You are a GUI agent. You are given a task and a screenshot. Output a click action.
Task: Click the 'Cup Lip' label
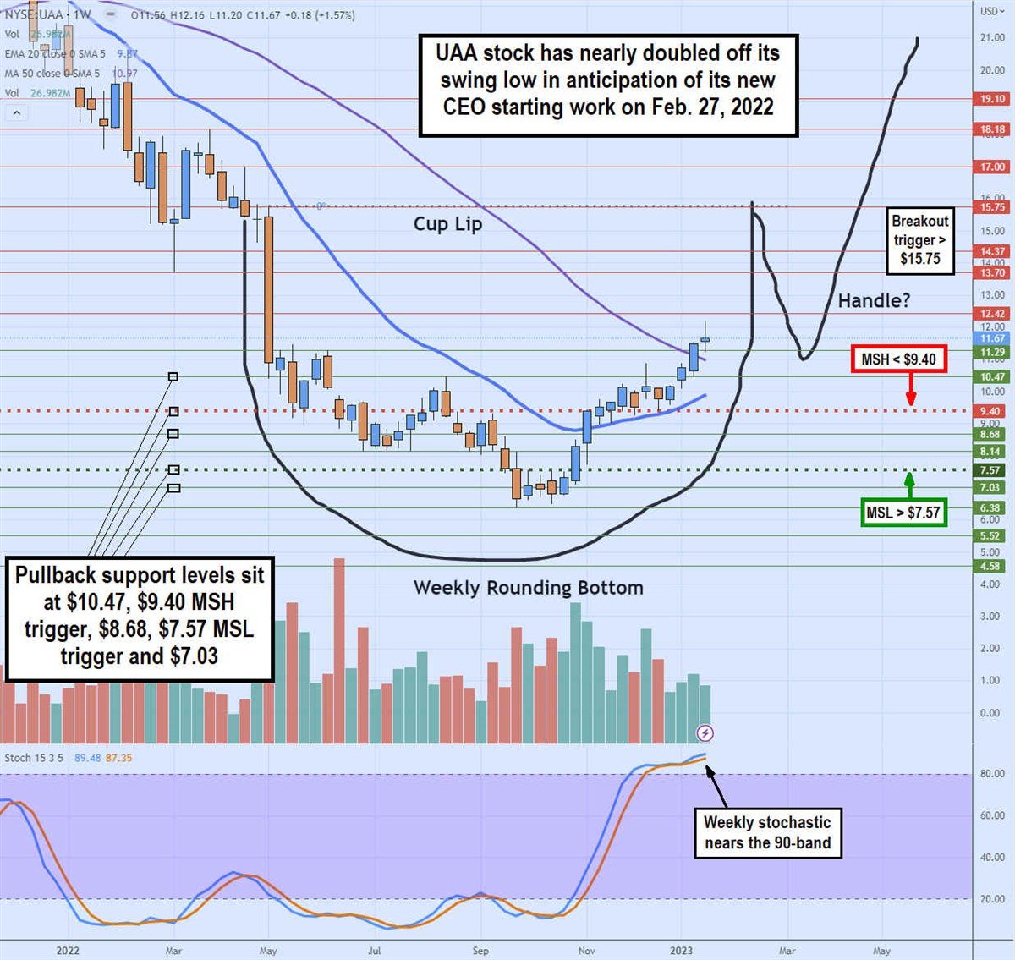pyautogui.click(x=447, y=224)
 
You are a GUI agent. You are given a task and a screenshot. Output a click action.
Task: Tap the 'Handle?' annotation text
pyautogui.click(x=874, y=300)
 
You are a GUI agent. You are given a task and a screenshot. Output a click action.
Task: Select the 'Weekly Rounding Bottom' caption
pyautogui.click(x=528, y=588)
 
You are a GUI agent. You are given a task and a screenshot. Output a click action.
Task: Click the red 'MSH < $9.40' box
pyautogui.click(x=898, y=359)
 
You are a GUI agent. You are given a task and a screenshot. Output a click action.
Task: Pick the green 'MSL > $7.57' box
pyautogui.click(x=903, y=512)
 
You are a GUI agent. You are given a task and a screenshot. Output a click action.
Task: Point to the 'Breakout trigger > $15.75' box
pyautogui.click(x=920, y=239)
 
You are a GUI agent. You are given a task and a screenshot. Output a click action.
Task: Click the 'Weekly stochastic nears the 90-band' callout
pyautogui.click(x=767, y=832)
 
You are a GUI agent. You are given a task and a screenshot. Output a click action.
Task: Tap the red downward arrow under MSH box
pyautogui.click(x=911, y=391)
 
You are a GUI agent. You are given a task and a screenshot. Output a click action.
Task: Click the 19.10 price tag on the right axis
pyautogui.click(x=992, y=99)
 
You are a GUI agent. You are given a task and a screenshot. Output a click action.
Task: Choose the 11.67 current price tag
pyautogui.click(x=992, y=338)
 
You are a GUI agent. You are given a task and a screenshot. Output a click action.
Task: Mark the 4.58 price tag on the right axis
pyautogui.click(x=990, y=566)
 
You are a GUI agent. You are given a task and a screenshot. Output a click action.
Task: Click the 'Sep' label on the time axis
pyautogui.click(x=480, y=951)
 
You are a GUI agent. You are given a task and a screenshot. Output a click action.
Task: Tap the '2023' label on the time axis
pyautogui.click(x=681, y=951)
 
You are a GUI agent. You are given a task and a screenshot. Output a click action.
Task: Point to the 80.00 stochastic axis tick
pyautogui.click(x=992, y=774)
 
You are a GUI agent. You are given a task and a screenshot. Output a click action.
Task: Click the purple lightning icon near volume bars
pyautogui.click(x=705, y=732)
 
